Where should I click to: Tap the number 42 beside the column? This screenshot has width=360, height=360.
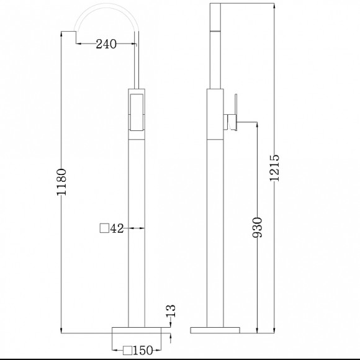(118, 228)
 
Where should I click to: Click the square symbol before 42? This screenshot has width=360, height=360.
(104, 228)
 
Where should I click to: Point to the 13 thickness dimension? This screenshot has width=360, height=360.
(172, 310)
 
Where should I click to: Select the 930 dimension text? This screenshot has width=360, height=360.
(259, 228)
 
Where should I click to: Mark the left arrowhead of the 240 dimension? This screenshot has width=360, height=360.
(78, 44)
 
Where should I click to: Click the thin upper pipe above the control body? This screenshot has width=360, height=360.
(137, 62)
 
